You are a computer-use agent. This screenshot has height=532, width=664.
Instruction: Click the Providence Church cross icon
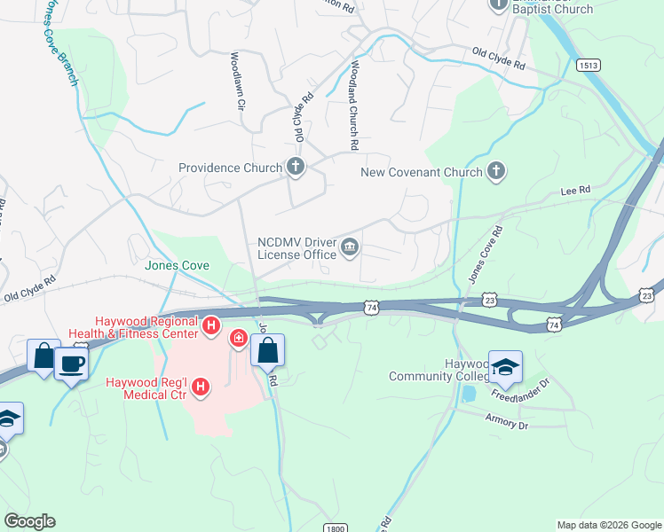coord(295,167)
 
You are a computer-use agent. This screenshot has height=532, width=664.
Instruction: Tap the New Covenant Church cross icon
coord(495,172)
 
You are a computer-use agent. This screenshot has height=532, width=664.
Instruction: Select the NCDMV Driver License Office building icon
coord(350,247)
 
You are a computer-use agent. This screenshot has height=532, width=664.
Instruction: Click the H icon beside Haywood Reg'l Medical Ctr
coord(202,387)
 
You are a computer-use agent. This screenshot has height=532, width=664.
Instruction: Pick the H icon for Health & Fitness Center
coord(211,326)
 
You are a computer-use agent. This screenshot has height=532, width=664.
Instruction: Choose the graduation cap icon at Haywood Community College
coord(505,368)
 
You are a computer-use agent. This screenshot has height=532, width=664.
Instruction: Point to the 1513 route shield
coord(587,66)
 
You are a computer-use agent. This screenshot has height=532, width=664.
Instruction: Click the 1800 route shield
coord(335,528)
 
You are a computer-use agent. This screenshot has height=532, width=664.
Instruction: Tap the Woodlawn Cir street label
coord(237,81)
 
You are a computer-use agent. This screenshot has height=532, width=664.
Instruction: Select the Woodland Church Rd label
coord(353,105)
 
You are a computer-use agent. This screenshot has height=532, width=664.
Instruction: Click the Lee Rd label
coord(575,191)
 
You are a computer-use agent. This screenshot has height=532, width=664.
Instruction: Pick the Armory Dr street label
coord(507,423)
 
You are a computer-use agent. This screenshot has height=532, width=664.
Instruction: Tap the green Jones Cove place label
coord(178,264)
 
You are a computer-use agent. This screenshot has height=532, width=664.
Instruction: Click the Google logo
coord(29,521)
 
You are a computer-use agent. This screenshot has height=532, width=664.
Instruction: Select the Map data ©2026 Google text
coord(609,525)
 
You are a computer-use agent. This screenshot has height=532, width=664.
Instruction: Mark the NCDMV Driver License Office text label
coord(296,247)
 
